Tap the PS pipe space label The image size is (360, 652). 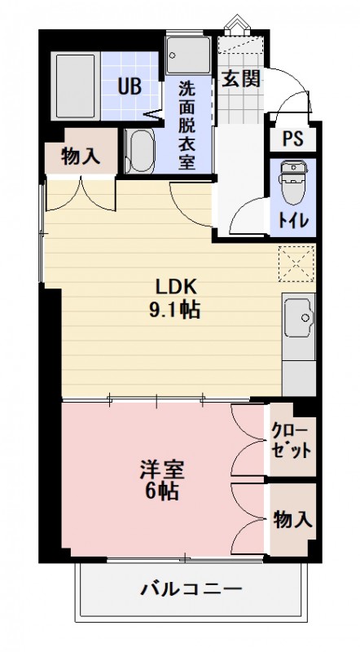click(x=292, y=138)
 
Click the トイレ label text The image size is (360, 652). click(x=292, y=219)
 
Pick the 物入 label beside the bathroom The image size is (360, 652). click(x=81, y=156)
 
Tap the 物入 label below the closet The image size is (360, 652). click(x=292, y=518)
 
